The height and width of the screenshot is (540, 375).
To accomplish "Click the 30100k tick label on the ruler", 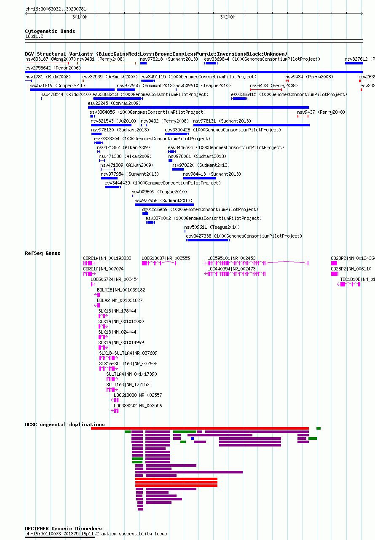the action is click(80, 17).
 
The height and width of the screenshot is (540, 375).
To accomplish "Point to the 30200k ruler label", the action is click(228, 17).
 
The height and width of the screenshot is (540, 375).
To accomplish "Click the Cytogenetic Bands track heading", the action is click(50, 31).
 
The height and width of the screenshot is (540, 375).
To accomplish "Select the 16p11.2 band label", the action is click(34, 36).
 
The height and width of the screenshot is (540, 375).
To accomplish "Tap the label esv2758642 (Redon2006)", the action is click(53, 68).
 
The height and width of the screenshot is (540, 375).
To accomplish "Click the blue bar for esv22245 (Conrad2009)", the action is click(198, 107).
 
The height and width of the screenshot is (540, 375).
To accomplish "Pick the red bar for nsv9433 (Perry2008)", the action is click(266, 90).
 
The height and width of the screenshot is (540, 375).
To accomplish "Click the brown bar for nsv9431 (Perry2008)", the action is click(107, 63).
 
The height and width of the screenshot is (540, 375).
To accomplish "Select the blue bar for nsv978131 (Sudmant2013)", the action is click(251, 125).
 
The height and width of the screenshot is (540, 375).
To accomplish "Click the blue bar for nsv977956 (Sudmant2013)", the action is click(164, 205).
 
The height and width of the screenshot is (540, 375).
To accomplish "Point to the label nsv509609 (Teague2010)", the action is click(159, 192).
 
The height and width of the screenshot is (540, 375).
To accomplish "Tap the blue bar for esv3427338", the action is click(208, 240).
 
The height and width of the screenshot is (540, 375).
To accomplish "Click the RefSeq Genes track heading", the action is click(43, 253).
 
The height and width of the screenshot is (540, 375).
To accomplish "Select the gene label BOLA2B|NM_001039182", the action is click(121, 290).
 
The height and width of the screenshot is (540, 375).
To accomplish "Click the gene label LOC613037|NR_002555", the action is click(166, 258).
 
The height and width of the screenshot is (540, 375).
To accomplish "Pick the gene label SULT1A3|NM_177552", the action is click(128, 385).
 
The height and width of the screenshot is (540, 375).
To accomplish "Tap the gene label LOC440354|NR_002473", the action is click(231, 269).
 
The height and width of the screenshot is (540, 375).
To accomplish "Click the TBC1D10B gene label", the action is click(357, 279).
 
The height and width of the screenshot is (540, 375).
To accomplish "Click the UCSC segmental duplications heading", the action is click(65, 425).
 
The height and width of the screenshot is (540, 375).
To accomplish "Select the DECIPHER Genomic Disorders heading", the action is click(64, 529).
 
